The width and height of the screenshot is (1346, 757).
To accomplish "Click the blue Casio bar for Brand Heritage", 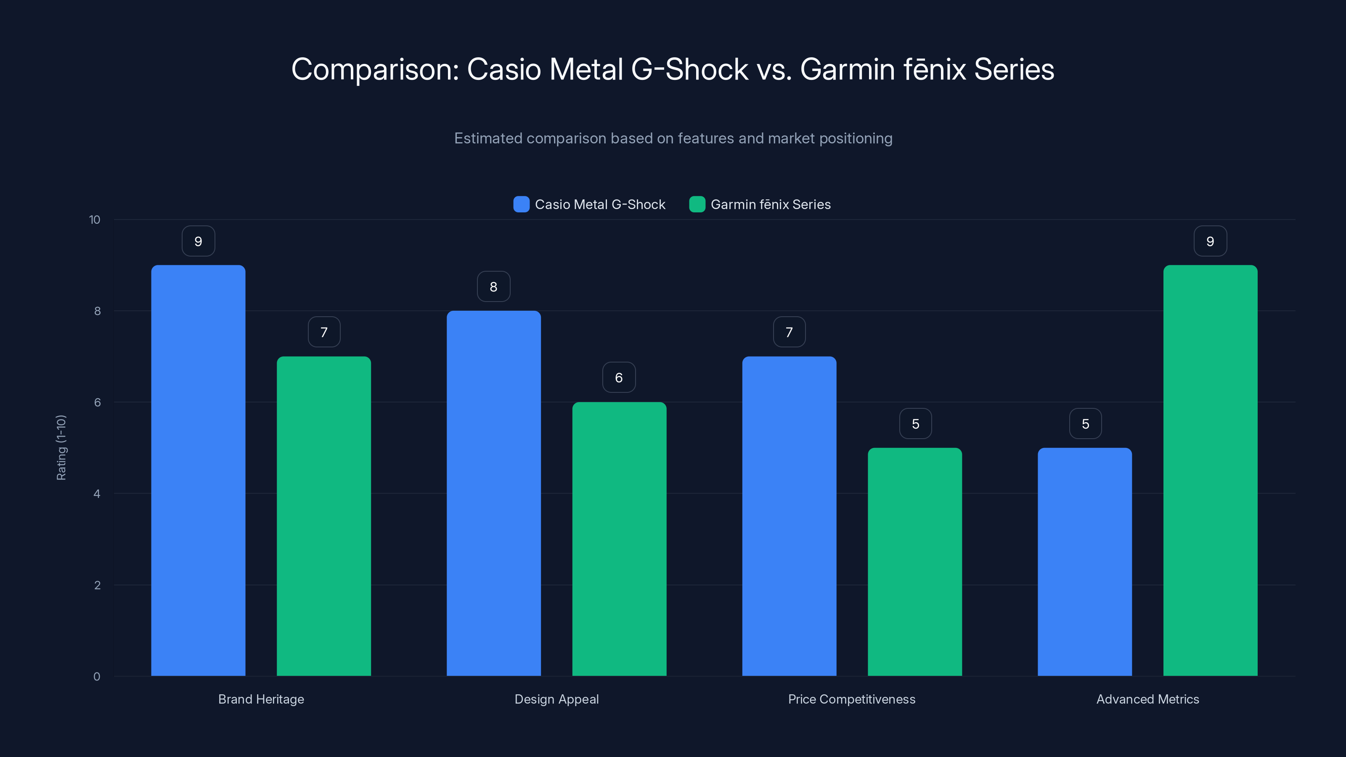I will pos(198,470).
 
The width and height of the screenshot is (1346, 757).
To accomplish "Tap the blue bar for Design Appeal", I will pos(493,493).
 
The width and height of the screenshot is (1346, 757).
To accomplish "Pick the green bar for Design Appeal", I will pos(619,539).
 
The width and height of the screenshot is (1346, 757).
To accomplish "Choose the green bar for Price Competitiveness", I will pos(914,561).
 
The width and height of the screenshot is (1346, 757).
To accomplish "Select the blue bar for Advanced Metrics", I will pos(1085,561).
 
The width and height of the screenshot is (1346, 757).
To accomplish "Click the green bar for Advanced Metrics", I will pos(1210,470).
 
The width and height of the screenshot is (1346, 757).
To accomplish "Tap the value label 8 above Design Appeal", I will pos(493,286).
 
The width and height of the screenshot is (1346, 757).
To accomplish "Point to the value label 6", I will pos(619,377).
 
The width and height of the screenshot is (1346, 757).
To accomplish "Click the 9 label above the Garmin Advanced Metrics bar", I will pos(1210,241).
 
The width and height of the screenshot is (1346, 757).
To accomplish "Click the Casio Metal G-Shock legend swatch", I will pos(521,204).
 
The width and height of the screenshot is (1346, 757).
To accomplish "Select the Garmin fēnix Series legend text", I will pos(770,204).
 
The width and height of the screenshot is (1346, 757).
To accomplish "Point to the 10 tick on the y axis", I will pos(95,220).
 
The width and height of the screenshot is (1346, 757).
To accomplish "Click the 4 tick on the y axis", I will pos(97,494).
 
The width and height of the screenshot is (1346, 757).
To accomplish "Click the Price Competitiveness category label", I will pos(852,699).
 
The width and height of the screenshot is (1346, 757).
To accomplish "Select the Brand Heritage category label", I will pos(261,699).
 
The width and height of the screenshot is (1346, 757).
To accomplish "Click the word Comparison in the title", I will pos(375,69).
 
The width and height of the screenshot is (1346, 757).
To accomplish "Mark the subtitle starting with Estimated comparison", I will pos(673,138).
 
